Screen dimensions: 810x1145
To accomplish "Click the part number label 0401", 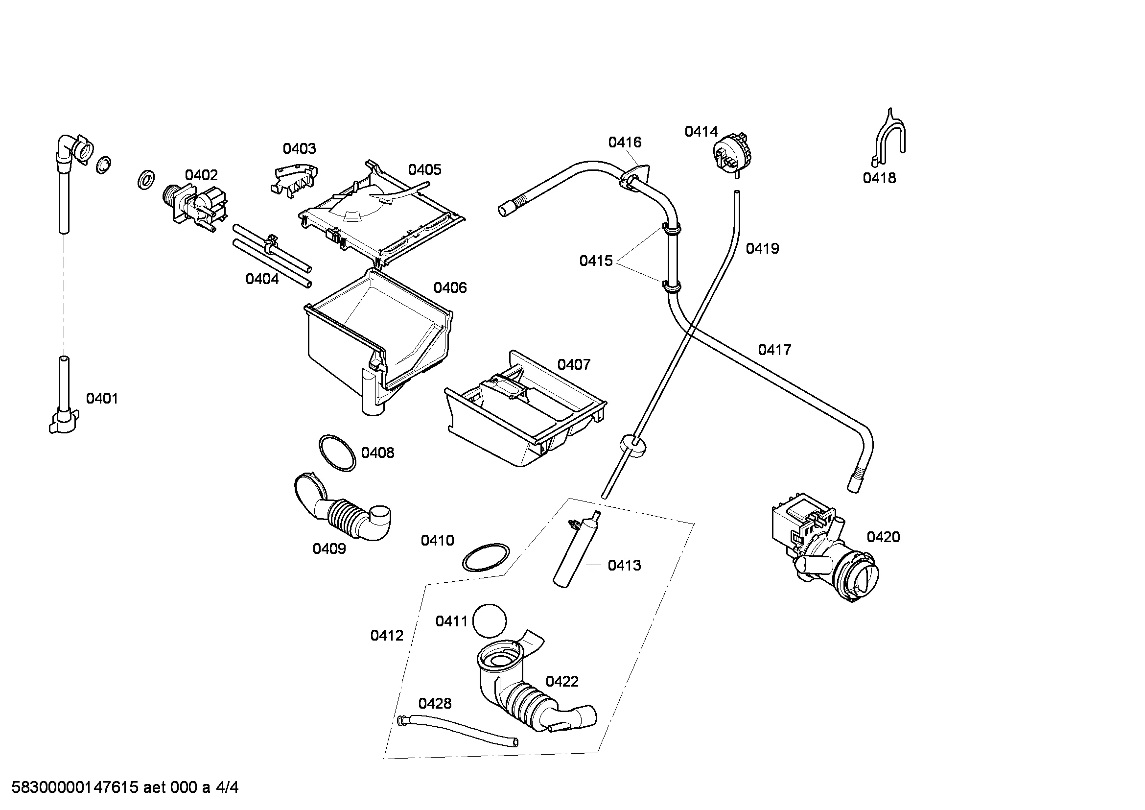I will coord(102,399).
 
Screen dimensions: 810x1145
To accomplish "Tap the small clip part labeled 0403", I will coord(295,179).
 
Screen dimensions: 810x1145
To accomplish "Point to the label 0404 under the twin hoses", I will coord(262,279).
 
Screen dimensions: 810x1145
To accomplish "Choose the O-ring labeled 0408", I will coord(338,453).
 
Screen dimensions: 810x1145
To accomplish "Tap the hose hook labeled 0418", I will coord(889,138).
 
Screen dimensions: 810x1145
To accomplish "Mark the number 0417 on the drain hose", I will coord(774,350).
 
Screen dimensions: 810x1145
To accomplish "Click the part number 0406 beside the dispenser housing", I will coord(450,288).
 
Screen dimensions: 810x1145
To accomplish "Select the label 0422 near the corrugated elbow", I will coord(561,682).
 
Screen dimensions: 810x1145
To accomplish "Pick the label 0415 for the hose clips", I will coord(595,261).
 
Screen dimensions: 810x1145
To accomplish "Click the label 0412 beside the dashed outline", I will coord(387,636).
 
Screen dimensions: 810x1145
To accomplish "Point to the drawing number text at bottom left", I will coord(125,787).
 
